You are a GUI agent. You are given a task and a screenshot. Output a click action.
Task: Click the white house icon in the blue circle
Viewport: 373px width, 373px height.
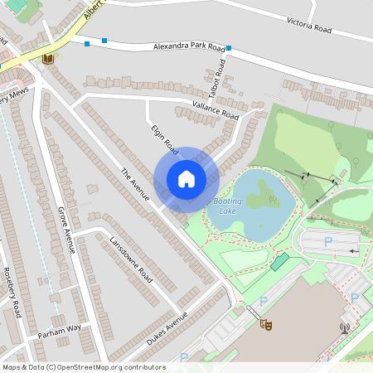point(186,178)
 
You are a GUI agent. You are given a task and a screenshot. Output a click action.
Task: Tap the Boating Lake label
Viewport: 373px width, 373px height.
point(227,206)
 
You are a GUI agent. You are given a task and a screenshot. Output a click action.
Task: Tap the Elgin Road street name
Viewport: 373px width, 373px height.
point(165,139)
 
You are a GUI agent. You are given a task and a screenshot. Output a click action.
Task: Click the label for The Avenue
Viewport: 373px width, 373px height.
point(134,185)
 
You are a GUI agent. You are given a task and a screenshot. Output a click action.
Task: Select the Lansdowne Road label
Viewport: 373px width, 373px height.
point(131,258)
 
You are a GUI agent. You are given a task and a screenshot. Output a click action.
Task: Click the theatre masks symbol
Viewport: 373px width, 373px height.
point(266,324)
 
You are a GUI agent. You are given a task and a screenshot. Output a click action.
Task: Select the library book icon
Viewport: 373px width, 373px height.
point(48,58)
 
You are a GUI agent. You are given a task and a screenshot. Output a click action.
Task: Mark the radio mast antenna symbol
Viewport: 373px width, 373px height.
point(344,328)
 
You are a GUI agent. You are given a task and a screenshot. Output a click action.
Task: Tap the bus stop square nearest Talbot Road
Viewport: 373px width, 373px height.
point(229,48)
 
